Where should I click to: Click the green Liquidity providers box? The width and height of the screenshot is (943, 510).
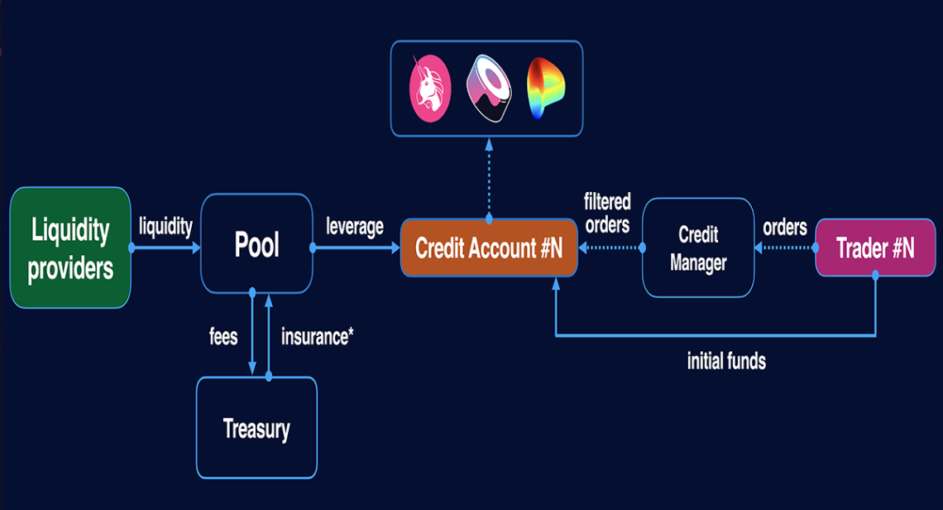coord(70,248)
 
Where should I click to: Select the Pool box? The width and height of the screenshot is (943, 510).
coord(256,244)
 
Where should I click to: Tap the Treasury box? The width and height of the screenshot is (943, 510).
coord(256,428)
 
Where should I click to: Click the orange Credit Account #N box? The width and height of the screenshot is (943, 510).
coord(489,248)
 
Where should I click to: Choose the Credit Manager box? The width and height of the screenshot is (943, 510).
coord(698,248)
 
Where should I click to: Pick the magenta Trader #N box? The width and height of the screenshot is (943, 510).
coord(874,248)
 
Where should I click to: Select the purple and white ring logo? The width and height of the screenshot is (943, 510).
coord(490,88)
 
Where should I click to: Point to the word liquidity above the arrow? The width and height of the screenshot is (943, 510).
coord(165,226)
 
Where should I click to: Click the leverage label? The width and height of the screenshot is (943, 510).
coord(355,226)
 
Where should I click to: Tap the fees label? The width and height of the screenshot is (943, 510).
coord(223,337)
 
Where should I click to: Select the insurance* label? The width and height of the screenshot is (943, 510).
coord(318,337)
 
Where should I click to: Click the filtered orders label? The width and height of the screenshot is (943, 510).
coord(607,213)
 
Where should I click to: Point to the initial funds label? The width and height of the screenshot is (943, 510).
coord(726,361)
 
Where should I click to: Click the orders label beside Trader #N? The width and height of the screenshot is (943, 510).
coord(785,226)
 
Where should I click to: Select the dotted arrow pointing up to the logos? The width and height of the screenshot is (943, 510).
coord(489,178)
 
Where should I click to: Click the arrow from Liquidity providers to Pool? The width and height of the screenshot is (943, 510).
coord(165,248)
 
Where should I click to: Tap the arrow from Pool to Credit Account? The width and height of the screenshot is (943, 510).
coord(356,248)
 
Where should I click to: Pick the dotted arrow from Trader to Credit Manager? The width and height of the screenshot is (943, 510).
coord(785,248)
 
